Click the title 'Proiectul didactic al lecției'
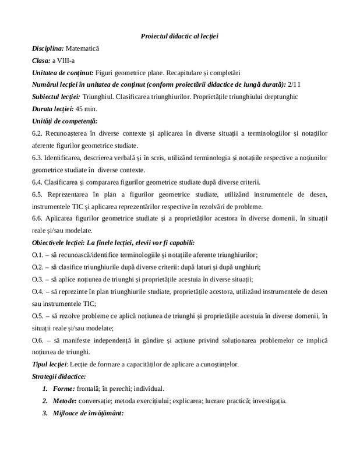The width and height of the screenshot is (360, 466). [x=179, y=37]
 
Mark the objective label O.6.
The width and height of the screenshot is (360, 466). [x=38, y=339]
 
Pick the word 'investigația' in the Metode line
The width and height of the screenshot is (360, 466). [x=268, y=401]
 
